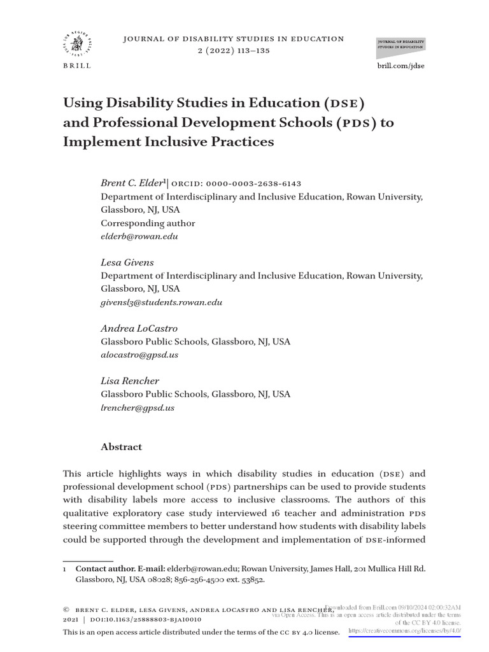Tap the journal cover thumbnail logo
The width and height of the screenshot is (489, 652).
[401, 45]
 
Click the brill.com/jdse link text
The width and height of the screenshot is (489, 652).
[400, 66]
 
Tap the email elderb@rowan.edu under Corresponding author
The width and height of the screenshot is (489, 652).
[139, 236]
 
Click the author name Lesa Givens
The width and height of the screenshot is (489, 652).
[127, 262]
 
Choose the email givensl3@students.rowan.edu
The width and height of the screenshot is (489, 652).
[162, 302]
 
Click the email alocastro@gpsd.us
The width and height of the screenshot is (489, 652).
[139, 355]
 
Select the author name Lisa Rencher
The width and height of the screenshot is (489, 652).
[130, 381]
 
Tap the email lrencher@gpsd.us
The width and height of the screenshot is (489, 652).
[138, 407]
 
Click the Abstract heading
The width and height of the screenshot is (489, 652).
[121, 447]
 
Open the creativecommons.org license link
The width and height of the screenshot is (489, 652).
[405, 630]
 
